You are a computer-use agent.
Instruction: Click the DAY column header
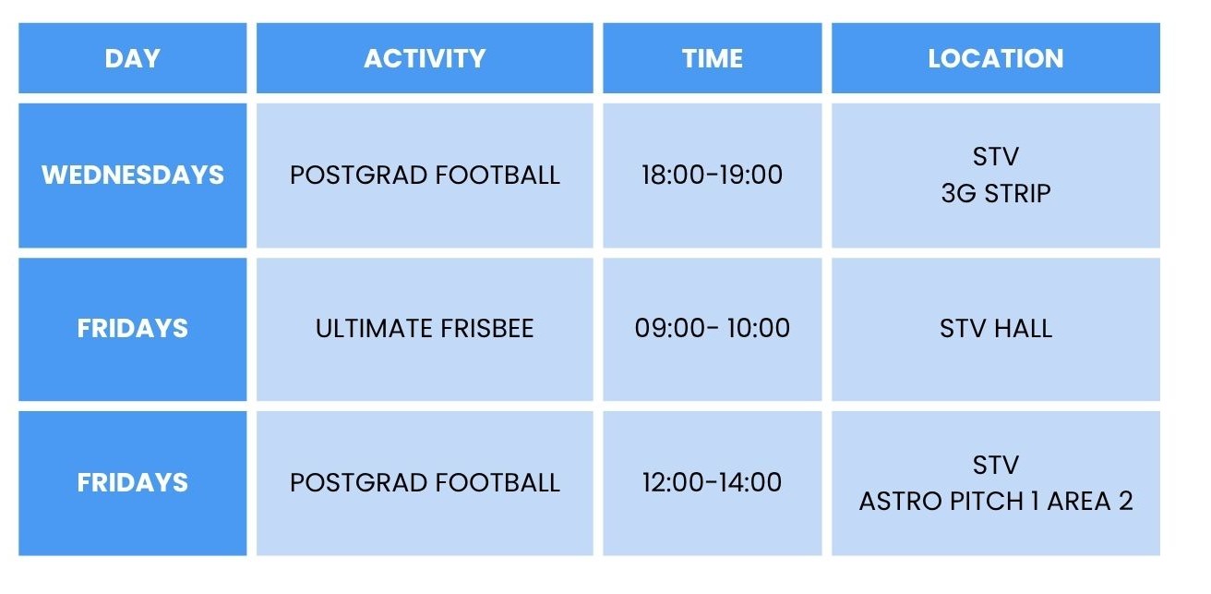click(x=133, y=58)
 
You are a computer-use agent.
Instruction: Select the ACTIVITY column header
click(x=425, y=58)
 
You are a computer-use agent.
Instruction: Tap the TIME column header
click(x=712, y=58)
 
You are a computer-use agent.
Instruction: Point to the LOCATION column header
click(x=995, y=58)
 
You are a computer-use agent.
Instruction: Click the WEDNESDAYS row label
click(x=133, y=175)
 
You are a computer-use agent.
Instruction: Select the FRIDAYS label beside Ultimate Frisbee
click(x=133, y=328)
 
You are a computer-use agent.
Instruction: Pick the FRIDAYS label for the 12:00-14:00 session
click(x=133, y=482)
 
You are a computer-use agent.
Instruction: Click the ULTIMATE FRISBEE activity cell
click(x=425, y=328)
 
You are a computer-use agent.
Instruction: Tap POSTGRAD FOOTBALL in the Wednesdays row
click(x=425, y=175)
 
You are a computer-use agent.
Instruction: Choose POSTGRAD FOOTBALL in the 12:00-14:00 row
click(x=425, y=482)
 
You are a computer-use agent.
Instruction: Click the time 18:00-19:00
click(x=712, y=175)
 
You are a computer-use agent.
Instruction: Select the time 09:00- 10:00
click(x=712, y=328)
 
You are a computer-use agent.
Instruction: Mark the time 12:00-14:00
click(x=712, y=482)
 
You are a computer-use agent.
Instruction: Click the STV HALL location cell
click(x=995, y=328)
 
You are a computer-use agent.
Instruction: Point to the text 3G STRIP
click(x=996, y=193)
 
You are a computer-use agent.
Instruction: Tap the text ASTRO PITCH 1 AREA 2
click(x=996, y=501)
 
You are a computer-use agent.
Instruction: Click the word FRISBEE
click(x=487, y=328)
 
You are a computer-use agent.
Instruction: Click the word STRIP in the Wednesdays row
click(x=1017, y=193)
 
